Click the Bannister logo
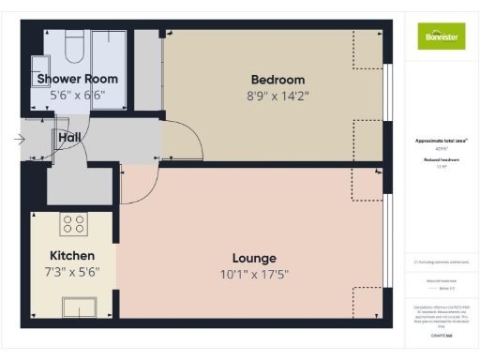point(441,37)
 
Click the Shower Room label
point(77,79)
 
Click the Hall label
point(69,138)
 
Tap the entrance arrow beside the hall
point(20,140)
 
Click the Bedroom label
point(277,79)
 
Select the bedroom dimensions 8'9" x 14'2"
point(277,95)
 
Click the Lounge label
point(254,258)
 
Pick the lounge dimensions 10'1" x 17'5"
point(254,274)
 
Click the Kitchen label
point(72,255)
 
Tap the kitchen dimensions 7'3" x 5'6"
point(72,272)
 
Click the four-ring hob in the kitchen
point(73,225)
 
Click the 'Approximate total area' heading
point(441,141)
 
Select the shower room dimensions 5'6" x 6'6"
point(77,95)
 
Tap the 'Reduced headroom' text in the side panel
point(441,161)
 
